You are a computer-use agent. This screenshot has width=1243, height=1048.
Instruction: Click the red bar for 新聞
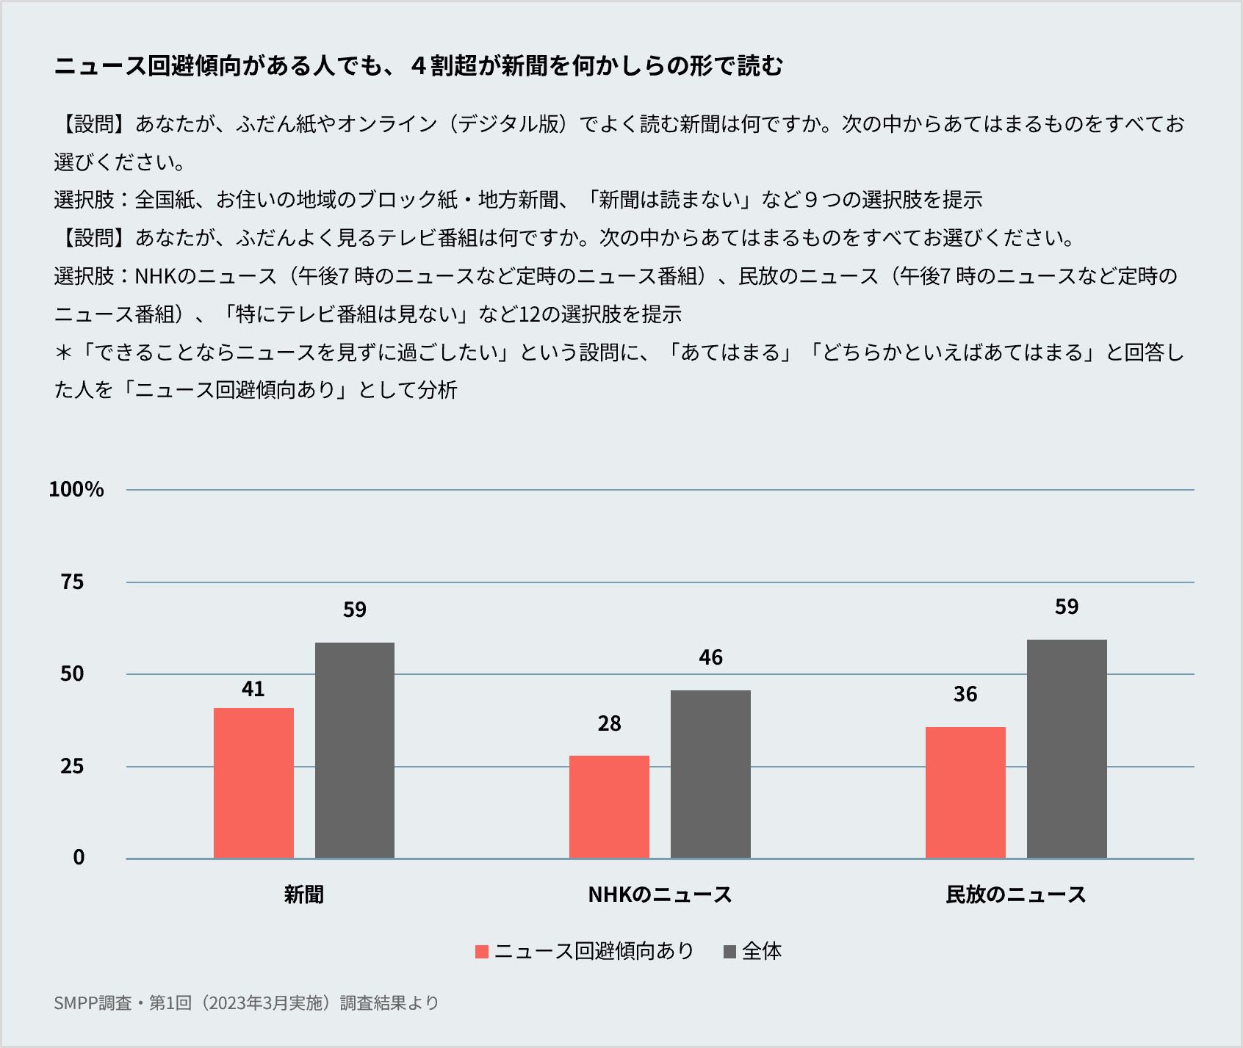(x=253, y=783)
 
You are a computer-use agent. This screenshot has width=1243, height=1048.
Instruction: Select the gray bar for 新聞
(x=355, y=750)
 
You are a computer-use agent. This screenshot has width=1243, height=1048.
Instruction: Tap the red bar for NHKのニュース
(x=609, y=806)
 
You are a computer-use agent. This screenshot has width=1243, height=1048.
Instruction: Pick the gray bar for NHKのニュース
(x=710, y=774)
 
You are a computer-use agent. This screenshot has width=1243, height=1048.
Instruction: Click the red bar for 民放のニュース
(x=965, y=792)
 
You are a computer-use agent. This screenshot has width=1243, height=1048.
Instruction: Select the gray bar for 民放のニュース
(x=1067, y=748)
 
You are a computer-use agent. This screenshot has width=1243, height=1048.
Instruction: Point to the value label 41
(x=253, y=689)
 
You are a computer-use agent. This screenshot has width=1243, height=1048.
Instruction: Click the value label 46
(x=710, y=657)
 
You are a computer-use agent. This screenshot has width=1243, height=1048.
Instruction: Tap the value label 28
(x=609, y=724)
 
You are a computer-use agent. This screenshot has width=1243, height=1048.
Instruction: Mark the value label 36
(x=965, y=695)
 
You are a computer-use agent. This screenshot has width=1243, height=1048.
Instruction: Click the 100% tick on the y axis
(x=76, y=490)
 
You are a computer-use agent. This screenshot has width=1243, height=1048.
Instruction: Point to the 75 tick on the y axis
(x=72, y=582)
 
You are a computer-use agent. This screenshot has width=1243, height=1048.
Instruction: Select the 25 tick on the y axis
(x=72, y=767)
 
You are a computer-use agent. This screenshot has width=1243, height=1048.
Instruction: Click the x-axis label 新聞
(x=304, y=895)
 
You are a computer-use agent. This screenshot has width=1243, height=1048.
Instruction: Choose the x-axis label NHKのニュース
(x=660, y=895)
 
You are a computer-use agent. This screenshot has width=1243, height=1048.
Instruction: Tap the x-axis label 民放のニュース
(x=1016, y=895)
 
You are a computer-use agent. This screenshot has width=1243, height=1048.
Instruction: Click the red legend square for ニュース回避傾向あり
(x=482, y=952)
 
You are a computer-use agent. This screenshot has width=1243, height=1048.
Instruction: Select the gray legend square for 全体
(x=729, y=952)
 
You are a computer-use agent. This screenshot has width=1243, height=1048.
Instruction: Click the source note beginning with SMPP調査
(x=246, y=1003)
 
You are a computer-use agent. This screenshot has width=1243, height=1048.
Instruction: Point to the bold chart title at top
(x=419, y=66)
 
